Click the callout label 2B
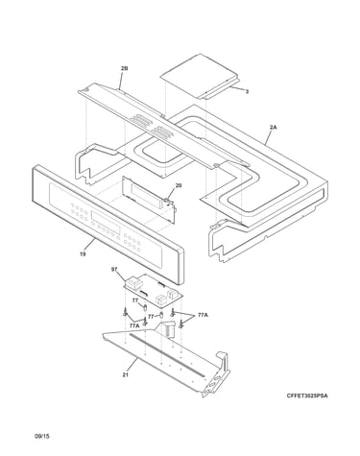pyautogui.click(x=124, y=68)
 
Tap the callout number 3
pyautogui.click(x=247, y=91)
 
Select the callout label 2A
pyautogui.click(x=273, y=127)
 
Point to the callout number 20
pyautogui.click(x=179, y=185)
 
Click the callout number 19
pyautogui.click(x=83, y=254)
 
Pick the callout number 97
pyautogui.click(x=114, y=270)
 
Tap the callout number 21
pyautogui.click(x=126, y=374)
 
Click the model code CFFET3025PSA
pyautogui.click(x=307, y=396)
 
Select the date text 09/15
pyautogui.click(x=42, y=436)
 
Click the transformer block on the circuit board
pyautogui.click(x=132, y=283)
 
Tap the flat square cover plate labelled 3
pyautogui.click(x=201, y=77)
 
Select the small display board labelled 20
pyautogui.click(x=149, y=198)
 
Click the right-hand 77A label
pyautogui.click(x=203, y=315)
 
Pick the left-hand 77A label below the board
pyautogui.click(x=134, y=325)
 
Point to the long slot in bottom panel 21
pyautogui.click(x=167, y=354)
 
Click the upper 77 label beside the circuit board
pyautogui.click(x=135, y=300)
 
